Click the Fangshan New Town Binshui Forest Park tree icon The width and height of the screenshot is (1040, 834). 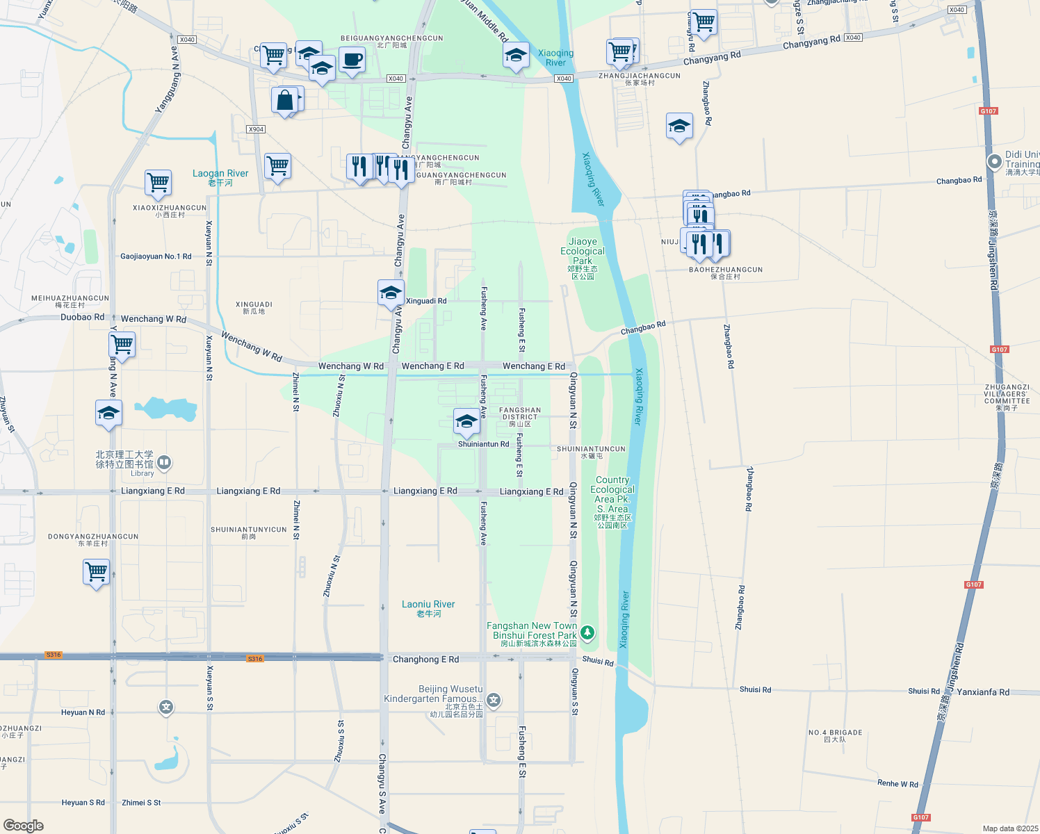[587, 632]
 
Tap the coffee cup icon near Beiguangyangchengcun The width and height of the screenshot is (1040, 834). [352, 60]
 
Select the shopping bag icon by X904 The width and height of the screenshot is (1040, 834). [285, 101]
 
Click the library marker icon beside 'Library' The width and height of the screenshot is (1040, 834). [164, 461]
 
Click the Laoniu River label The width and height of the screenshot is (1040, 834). [428, 608]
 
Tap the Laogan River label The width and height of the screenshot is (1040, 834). [220, 177]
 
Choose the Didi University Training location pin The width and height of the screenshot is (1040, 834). [995, 161]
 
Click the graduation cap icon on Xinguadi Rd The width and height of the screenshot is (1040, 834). [391, 293]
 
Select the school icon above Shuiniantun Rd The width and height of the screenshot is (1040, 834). [466, 421]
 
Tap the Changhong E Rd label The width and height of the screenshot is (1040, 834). [425, 659]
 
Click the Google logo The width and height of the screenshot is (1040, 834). [24, 825]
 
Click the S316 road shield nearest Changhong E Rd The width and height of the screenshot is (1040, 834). [255, 658]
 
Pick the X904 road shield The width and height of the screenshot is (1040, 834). [256, 129]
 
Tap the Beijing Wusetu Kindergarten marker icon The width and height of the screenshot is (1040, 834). [494, 700]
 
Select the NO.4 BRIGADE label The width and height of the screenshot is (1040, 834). [835, 735]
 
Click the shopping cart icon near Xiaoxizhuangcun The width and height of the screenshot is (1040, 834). [158, 183]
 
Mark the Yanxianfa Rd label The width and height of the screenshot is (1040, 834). [983, 692]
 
